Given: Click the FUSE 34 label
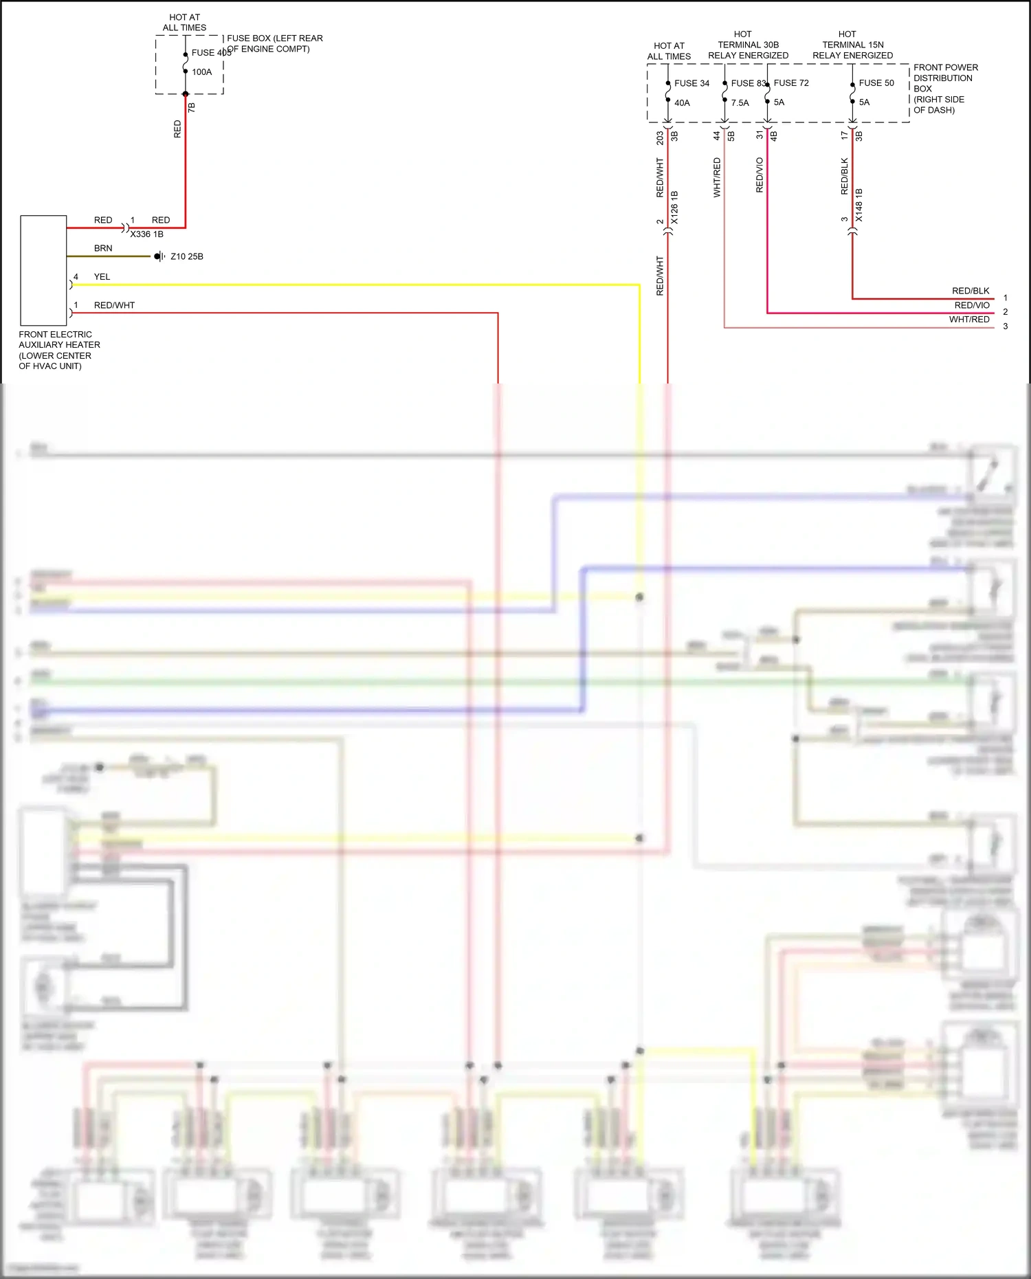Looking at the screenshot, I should click(691, 83).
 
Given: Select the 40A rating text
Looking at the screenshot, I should click(682, 103).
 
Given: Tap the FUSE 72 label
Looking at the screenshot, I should click(791, 83).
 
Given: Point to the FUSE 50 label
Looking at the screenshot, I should click(876, 83).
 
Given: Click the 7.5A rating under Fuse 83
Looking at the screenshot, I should click(740, 103).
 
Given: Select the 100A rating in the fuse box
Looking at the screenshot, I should click(201, 72).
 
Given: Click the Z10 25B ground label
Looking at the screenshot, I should click(186, 256).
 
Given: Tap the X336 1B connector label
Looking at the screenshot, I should click(146, 234).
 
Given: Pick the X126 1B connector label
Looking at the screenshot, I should click(674, 208).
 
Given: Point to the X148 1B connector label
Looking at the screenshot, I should click(859, 205).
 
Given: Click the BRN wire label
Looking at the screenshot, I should click(103, 248).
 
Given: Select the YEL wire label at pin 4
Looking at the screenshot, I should click(102, 277).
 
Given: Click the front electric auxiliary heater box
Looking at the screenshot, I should click(43, 270).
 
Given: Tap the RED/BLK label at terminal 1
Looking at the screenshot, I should click(970, 291).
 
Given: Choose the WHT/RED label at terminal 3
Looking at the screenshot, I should click(969, 320).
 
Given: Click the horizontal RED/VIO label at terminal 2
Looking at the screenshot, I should click(971, 305).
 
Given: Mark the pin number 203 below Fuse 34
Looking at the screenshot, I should click(660, 138).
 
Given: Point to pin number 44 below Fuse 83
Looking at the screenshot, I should click(716, 136).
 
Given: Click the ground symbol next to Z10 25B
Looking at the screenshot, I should click(159, 256).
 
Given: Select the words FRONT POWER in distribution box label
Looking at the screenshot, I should click(945, 67).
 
